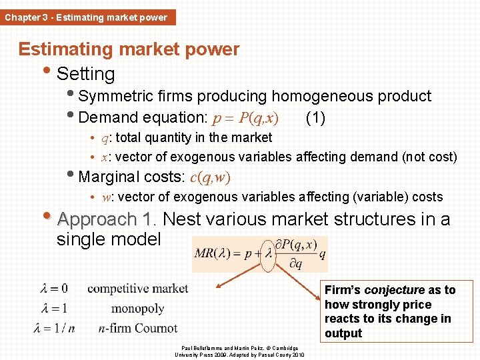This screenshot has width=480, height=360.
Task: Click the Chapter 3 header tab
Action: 87,17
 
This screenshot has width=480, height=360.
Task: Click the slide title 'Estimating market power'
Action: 129,49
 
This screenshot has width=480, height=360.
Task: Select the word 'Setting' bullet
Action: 86,74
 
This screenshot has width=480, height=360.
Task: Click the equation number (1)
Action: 315,118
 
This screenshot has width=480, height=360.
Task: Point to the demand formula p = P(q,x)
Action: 245,119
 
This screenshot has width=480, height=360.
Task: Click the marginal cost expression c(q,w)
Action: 210,177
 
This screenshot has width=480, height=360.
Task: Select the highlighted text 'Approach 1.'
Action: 107,219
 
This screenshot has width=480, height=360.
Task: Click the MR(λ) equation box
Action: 260,254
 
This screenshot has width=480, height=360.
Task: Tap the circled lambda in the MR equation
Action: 268,254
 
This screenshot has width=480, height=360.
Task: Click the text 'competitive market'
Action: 138,289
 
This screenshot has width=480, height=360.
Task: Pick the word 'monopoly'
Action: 137,309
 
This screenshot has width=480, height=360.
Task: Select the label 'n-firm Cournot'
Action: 137,328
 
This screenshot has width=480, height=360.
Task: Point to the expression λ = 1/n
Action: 54,328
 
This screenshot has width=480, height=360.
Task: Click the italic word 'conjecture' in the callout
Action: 395,290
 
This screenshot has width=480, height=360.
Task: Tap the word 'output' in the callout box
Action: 343,333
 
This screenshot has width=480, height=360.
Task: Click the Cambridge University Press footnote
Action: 239,351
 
